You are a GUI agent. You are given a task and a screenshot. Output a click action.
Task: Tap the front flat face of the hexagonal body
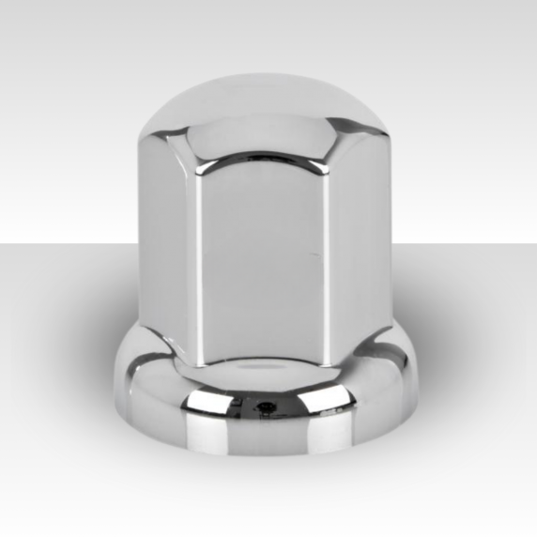264,263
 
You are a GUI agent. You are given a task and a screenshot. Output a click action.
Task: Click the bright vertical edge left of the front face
198,263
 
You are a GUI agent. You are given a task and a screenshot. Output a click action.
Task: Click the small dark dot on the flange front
268,407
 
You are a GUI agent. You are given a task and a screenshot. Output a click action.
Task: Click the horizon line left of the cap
56,243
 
